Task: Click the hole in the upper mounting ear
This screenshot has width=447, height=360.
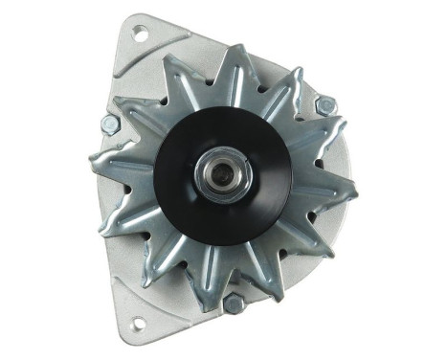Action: (x=139, y=36)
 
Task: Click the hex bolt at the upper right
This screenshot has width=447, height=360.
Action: (x=324, y=105)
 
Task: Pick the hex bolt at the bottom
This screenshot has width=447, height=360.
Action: (x=232, y=304)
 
